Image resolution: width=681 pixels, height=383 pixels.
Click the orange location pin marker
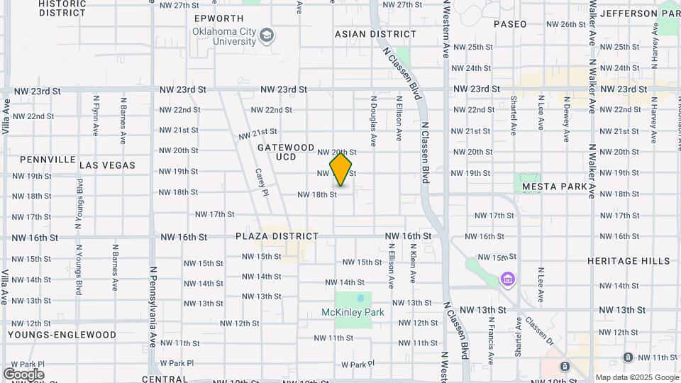coord(341,170)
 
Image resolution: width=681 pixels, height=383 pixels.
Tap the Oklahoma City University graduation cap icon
coord(267,36)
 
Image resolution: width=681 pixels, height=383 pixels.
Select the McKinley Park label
coord(353,312)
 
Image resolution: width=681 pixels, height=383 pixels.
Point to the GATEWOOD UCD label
coord(286,152)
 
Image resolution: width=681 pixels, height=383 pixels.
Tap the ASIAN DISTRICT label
coord(375,34)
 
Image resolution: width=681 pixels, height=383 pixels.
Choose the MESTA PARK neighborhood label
coord(554,187)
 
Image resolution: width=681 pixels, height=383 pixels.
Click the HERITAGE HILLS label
coord(628,261)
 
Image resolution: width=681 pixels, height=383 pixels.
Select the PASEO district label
coord(510,24)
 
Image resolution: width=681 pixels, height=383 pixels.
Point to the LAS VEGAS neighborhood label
coord(107,165)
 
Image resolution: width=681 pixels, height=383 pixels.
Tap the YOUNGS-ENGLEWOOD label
coord(62,334)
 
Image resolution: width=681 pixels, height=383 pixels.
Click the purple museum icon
coord(506,279)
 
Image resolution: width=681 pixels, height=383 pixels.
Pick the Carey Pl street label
coord(261,182)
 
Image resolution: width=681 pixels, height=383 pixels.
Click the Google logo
coord(23,374)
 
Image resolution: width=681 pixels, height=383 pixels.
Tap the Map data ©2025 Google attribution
coord(636,377)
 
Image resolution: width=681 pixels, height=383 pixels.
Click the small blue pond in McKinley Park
coord(360,298)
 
